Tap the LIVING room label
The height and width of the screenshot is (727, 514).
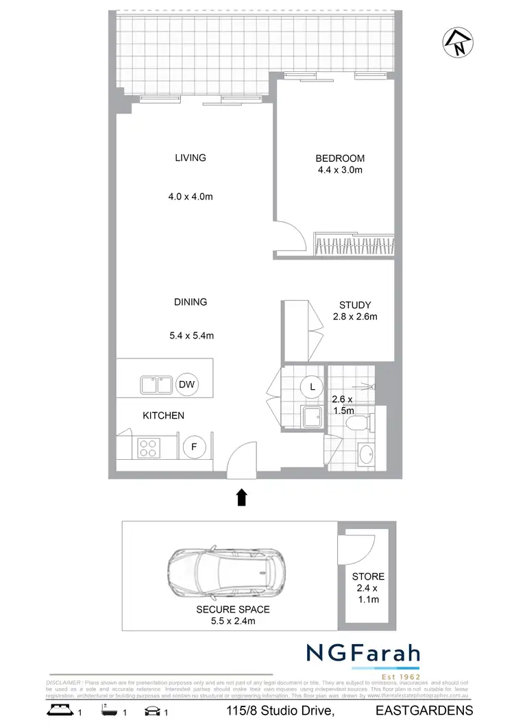pos(191,158)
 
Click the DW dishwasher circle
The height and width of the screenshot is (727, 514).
pos(187,384)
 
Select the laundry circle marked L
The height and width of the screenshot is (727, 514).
pos(313,387)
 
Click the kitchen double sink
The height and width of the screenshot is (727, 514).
pos(156,384)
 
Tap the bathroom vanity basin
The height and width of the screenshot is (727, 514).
pos(366,454)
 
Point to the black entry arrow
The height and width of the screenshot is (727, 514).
pos(241,497)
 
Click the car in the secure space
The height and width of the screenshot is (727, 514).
pos(225,568)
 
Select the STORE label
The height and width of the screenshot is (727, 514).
pos(368,576)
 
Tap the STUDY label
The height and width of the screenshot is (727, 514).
pos(355,305)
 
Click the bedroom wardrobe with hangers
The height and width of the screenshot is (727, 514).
pos(353,243)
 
